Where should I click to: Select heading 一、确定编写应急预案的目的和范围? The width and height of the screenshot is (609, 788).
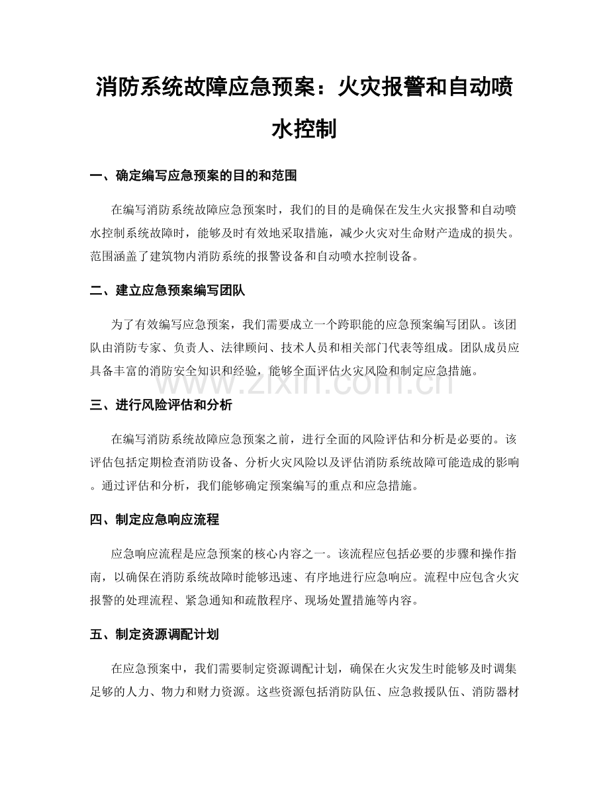tap(193, 176)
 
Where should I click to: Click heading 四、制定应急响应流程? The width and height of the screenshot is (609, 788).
tap(154, 519)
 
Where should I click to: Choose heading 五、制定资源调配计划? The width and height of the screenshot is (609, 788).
tap(154, 635)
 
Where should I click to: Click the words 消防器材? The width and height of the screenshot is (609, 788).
tap(497, 687)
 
